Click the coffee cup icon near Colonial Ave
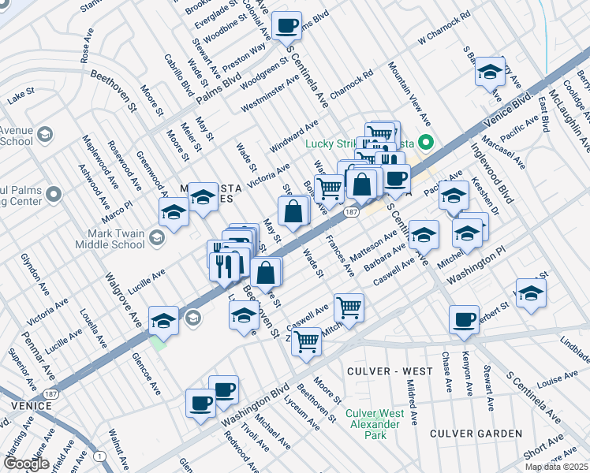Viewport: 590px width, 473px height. pyautogui.click(x=287, y=25)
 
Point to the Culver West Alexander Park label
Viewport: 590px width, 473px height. pyautogui.click(x=375, y=424)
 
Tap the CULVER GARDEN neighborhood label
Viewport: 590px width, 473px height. pyautogui.click(x=476, y=434)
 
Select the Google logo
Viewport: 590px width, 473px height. pyautogui.click(x=25, y=464)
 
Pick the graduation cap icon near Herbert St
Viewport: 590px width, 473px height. pyautogui.click(x=531, y=292)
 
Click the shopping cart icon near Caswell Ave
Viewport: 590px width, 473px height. pyautogui.click(x=349, y=307)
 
